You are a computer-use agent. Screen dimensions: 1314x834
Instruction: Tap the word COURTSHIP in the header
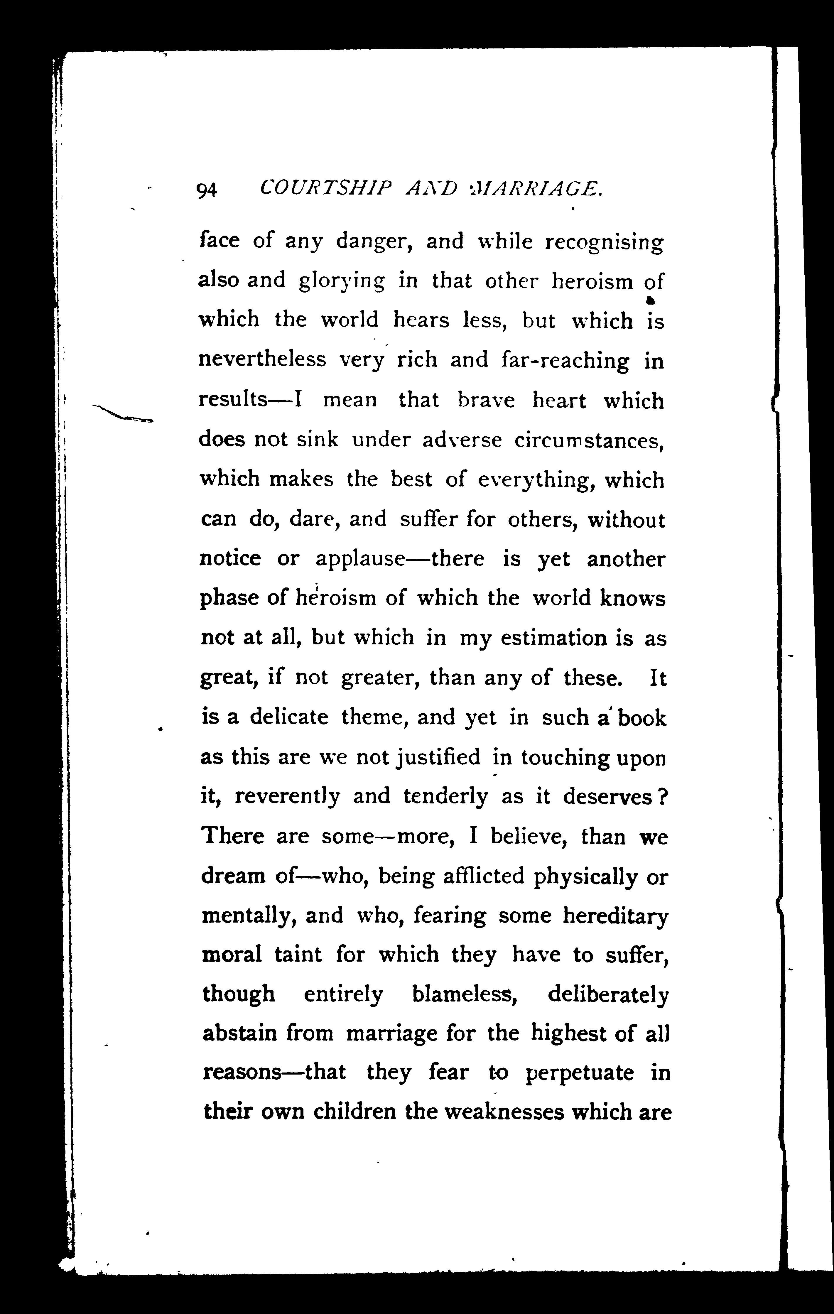[326, 189]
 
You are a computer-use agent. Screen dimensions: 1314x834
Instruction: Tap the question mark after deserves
[661, 797]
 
